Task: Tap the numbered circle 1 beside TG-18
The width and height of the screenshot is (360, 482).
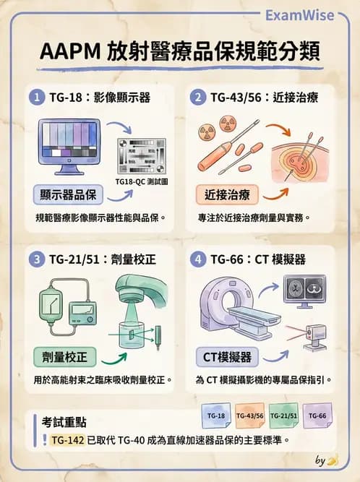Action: click(35, 95)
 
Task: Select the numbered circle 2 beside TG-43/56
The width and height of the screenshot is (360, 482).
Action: click(194, 95)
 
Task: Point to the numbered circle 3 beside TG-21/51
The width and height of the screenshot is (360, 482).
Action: click(35, 259)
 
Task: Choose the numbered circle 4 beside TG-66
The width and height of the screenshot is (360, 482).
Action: click(194, 259)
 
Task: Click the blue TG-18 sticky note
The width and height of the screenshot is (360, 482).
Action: click(215, 416)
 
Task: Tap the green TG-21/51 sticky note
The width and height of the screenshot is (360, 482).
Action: click(283, 416)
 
